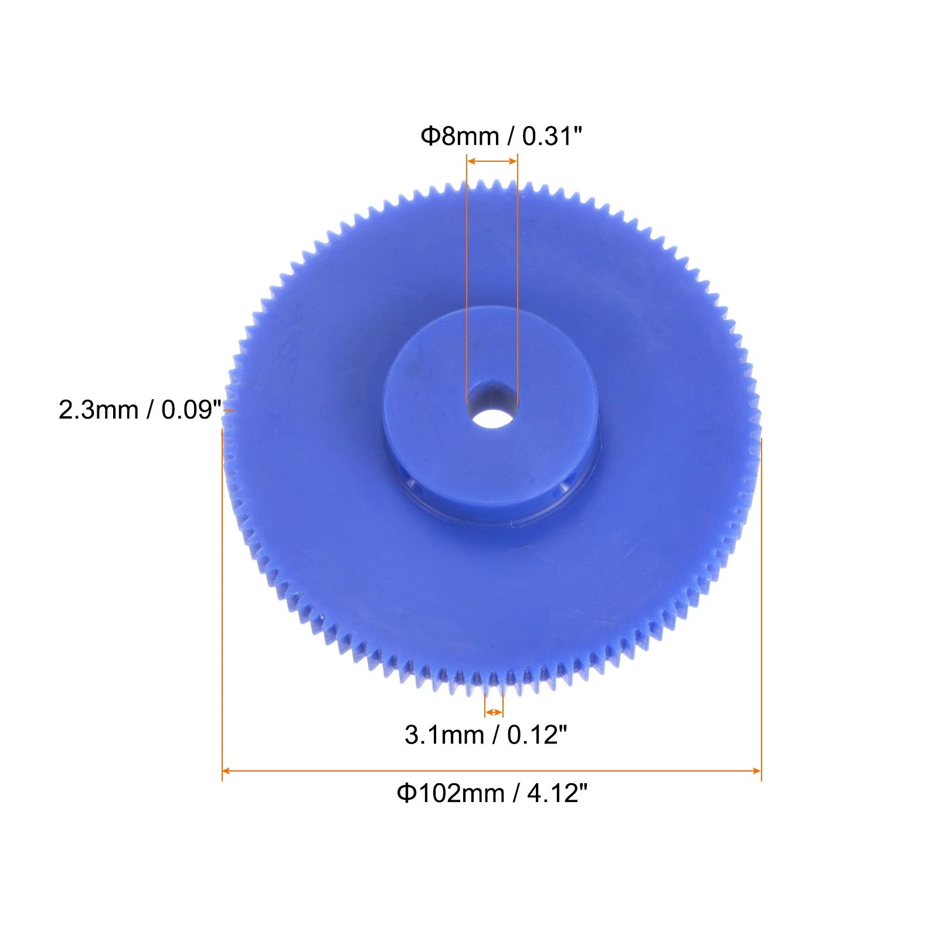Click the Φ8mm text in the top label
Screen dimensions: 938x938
coord(460,136)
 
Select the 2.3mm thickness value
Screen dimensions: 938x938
coord(98,410)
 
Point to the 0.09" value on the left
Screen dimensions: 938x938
coord(192,410)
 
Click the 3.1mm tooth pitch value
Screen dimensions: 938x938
coord(444,735)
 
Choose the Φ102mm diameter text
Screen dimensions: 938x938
coord(451,794)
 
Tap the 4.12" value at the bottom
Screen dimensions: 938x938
coord(558,794)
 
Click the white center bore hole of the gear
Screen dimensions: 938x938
coord(492,419)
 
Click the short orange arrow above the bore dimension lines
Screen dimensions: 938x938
coord(492,161)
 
